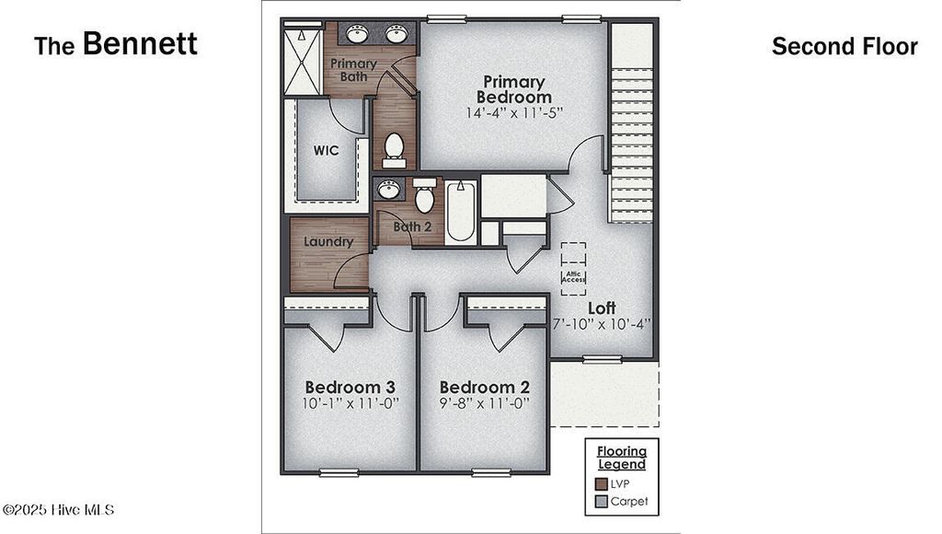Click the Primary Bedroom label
point(514,89)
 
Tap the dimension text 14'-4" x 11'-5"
point(514,113)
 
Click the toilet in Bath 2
point(424,196)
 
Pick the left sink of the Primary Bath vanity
point(359,34)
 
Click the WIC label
point(326,150)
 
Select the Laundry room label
point(329,242)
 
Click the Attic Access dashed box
point(574,268)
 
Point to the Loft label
point(603,308)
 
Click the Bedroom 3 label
point(350,387)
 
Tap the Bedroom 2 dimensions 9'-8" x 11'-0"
point(485,403)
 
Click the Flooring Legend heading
point(622,458)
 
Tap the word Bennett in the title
point(140,43)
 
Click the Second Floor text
point(844,46)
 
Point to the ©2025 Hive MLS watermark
point(58,509)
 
